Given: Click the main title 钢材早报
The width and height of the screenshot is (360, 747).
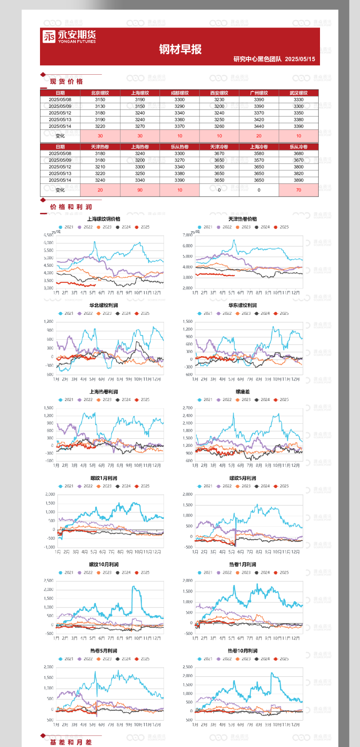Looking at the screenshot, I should click(180, 49).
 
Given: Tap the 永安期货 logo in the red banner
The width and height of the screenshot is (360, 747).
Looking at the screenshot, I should click(69, 36).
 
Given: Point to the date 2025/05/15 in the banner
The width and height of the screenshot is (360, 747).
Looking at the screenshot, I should click(300, 59).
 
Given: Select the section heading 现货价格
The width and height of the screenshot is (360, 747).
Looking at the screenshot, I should click(66, 81).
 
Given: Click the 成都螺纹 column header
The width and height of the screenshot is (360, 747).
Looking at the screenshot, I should click(180, 93).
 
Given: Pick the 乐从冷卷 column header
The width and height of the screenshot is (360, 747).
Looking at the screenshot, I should click(299, 147).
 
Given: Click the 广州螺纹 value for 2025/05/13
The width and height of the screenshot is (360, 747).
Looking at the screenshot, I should click(259, 120).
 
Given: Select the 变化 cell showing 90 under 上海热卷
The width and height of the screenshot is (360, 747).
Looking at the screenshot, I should click(140, 190).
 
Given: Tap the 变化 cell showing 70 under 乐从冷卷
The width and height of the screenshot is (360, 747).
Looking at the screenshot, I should click(299, 190).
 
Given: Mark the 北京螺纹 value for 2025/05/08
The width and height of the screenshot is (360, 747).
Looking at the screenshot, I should click(100, 100).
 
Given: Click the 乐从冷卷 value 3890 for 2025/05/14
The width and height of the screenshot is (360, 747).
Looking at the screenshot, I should click(299, 180).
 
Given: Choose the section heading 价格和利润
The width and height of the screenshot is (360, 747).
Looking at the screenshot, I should click(71, 207).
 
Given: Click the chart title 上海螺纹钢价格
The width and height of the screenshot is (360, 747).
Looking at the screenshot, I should click(104, 219).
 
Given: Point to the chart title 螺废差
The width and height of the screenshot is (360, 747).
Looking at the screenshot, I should click(243, 392).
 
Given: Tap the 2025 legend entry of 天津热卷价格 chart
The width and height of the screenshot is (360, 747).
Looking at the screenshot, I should click(281, 227).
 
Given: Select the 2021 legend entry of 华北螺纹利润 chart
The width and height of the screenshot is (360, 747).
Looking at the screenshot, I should click(66, 313).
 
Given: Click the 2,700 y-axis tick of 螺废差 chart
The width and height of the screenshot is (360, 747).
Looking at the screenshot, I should click(188, 408).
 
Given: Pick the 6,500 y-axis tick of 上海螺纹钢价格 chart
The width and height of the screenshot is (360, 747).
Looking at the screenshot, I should click(49, 235).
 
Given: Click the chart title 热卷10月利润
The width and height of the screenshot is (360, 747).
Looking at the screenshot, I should click(243, 651).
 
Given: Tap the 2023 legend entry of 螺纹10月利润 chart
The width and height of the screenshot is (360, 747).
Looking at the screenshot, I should click(104, 573).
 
